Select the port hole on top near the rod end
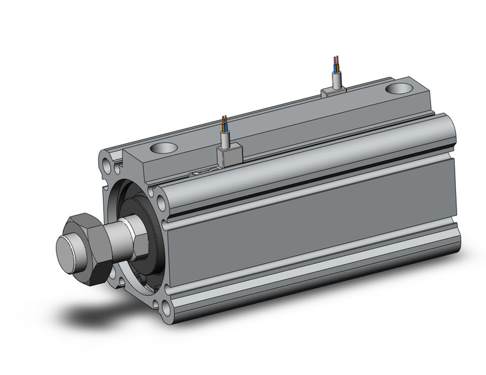[164, 148]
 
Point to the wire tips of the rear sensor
[335, 60]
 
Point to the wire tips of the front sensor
[223, 119]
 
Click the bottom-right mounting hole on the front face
[166, 309]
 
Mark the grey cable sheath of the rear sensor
[336, 79]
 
